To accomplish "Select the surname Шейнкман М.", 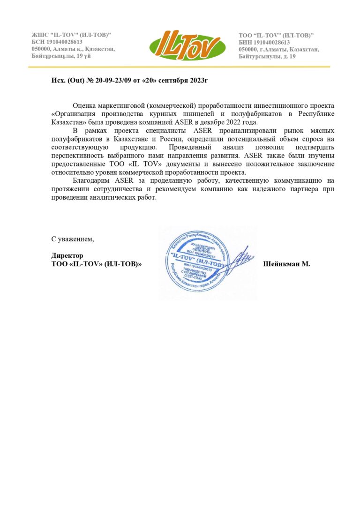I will click(287, 264).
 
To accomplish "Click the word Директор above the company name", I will click(67, 255).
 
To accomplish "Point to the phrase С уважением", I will click(73, 239).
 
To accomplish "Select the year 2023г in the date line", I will click(197, 81).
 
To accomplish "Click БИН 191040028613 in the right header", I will click(264, 43).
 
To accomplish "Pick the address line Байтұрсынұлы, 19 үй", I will click(61, 56).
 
